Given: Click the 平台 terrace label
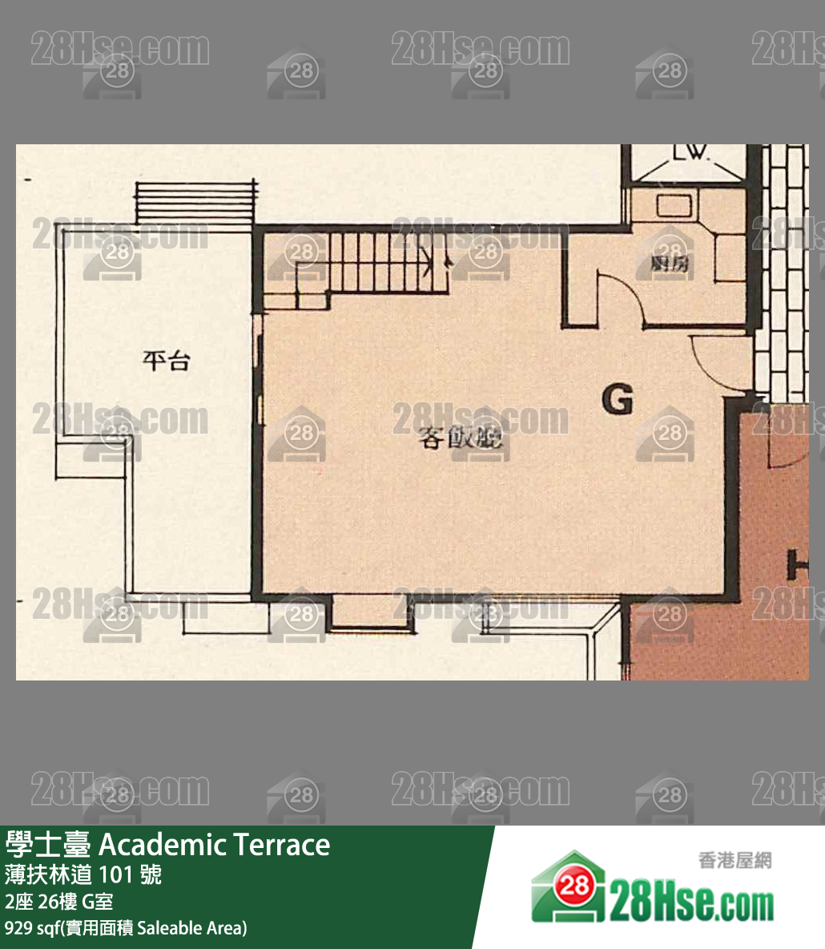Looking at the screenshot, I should [166, 361].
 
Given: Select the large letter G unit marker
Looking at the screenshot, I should [618, 399].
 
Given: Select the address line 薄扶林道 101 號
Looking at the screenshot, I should [83, 874].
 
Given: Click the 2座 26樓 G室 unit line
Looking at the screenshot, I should [58, 902].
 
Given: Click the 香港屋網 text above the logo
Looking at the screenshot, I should [734, 861].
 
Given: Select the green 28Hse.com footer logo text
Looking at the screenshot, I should [692, 903].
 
